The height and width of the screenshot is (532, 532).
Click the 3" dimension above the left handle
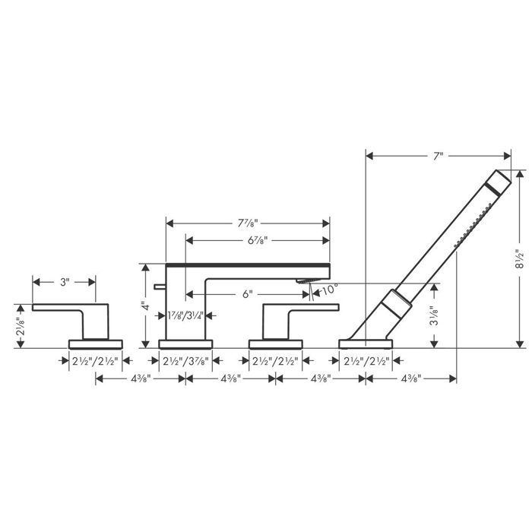pos(64,281)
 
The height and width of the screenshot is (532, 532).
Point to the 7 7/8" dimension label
pos(248,223)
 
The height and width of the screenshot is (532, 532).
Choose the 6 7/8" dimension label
pos(258,239)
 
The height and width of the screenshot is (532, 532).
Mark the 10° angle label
pos(328,290)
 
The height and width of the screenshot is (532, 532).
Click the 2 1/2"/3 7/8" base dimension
pos(185,361)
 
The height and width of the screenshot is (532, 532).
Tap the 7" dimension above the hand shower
pos(438,156)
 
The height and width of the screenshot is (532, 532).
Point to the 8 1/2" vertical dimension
pos(520,258)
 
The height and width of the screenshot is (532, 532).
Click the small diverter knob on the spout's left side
pos(158,287)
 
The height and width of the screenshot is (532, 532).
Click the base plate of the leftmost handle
pos(95,343)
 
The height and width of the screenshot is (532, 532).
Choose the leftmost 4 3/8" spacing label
pos(141,378)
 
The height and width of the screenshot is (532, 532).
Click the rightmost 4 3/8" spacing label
pos(410,378)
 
